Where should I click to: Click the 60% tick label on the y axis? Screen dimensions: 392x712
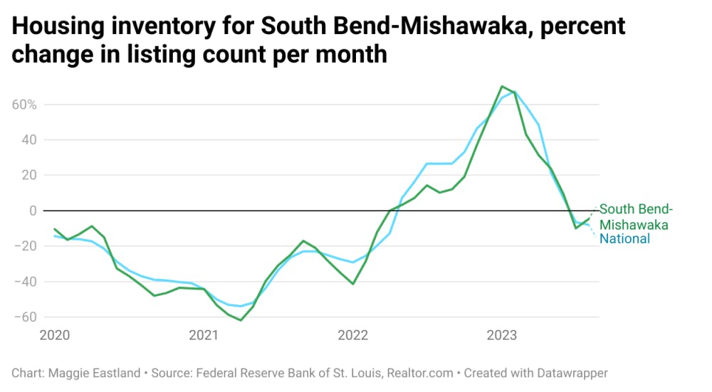(25, 105)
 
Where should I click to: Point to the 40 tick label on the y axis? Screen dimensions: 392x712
(29, 140)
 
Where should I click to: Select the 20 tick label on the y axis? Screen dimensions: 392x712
(29, 175)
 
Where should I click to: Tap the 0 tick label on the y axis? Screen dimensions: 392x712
(33, 211)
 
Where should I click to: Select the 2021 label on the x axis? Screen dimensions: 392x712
(204, 335)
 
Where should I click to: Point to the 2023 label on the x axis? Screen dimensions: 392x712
(502, 335)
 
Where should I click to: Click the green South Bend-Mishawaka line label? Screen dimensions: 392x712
(636, 216)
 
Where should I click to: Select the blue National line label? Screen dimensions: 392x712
(624, 239)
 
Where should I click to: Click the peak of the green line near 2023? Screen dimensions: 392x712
(502, 86)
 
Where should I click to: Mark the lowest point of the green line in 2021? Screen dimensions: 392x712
(241, 320)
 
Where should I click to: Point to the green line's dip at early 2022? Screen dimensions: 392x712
(352, 284)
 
